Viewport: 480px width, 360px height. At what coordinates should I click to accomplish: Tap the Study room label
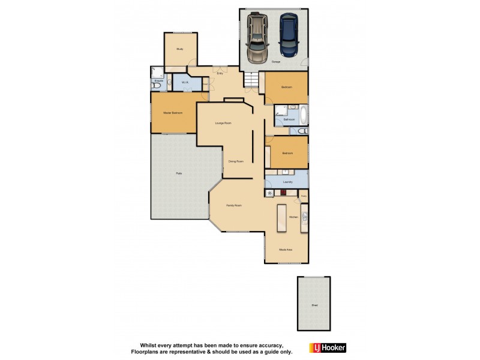pyautogui.click(x=179, y=49)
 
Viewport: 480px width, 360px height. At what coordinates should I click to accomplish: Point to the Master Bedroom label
pyautogui.click(x=173, y=113)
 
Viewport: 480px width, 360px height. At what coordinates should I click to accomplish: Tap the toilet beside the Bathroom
pyautogui.click(x=302, y=131)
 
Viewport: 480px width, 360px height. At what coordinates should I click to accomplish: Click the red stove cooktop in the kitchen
pyautogui.click(x=283, y=193)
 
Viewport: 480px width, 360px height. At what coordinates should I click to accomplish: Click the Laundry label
pyautogui.click(x=287, y=182)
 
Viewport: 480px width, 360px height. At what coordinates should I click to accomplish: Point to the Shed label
pyautogui.click(x=314, y=305)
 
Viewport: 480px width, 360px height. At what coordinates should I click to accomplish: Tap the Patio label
pyautogui.click(x=179, y=173)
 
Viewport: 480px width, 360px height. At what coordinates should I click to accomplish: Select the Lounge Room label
pyautogui.click(x=224, y=123)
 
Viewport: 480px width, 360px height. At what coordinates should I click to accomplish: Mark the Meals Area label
pyautogui.click(x=286, y=250)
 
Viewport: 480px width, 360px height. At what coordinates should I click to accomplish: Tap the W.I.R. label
pyautogui.click(x=185, y=82)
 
